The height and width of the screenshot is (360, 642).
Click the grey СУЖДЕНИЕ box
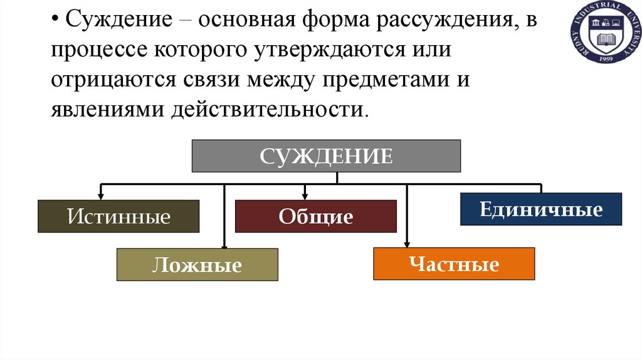(x=326, y=156)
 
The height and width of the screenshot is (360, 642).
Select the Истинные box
(x=118, y=216)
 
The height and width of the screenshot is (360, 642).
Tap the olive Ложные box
(x=197, y=265)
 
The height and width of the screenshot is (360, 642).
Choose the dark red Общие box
(x=315, y=216)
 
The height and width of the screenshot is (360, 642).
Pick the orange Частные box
(x=454, y=263)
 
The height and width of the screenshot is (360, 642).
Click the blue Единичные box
(x=541, y=209)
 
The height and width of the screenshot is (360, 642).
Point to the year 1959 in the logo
(x=604, y=59)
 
